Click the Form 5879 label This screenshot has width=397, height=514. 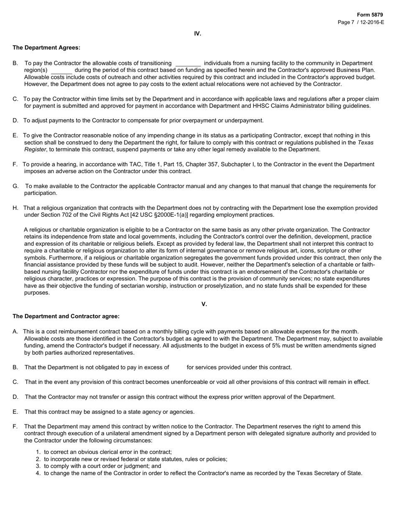(x=370, y=15)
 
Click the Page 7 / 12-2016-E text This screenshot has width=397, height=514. (x=361, y=22)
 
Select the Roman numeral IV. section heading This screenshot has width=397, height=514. (x=198, y=33)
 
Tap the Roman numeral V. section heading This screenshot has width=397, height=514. (x=204, y=304)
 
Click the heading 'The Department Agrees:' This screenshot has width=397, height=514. (x=46, y=48)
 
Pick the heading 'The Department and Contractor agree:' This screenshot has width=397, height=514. (x=66, y=316)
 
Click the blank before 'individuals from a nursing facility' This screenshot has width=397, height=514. (x=188, y=64)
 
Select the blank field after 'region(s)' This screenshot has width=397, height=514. (x=61, y=71)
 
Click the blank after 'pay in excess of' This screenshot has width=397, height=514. (x=178, y=368)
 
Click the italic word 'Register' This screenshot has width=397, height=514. (x=35, y=150)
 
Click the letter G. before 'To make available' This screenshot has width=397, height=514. (x=15, y=186)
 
